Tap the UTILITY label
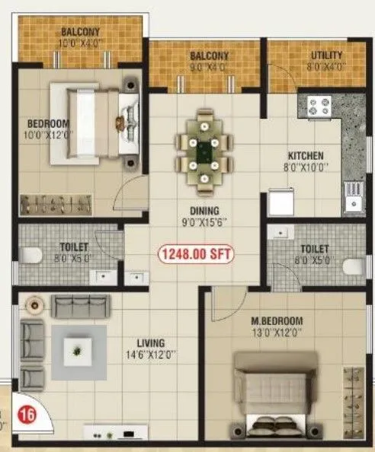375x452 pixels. tap(326, 55)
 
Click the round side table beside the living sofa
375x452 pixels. tap(34, 305)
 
